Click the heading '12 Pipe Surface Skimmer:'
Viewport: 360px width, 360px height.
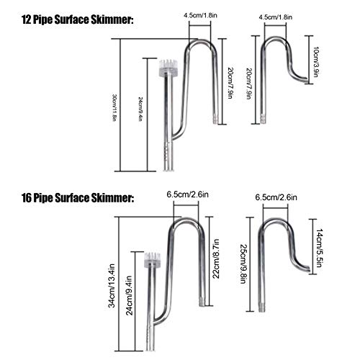click(77, 19)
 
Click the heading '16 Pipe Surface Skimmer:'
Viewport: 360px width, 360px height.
click(78, 198)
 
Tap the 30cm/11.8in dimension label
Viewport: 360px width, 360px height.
click(114, 107)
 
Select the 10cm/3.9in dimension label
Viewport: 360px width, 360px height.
click(316, 62)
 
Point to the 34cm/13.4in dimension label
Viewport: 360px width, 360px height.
click(112, 286)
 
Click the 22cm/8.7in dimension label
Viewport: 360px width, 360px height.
click(216, 258)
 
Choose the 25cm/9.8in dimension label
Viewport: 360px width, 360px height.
click(244, 264)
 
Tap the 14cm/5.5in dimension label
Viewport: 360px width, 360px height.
click(319, 248)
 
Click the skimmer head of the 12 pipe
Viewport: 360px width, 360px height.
click(168, 68)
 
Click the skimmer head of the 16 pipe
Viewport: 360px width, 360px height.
click(152, 260)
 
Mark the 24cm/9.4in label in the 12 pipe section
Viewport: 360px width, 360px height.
click(141, 109)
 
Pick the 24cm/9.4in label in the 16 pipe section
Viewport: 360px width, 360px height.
click(129, 295)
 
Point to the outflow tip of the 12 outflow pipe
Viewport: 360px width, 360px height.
click(307, 81)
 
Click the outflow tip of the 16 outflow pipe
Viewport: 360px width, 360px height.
click(309, 269)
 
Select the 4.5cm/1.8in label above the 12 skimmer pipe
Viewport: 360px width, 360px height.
click(200, 16)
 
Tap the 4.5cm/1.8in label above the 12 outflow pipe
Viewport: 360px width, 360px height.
click(276, 17)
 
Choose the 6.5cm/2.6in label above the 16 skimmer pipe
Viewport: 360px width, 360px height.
click(188, 194)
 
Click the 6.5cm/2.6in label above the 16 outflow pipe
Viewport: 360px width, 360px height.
click(276, 197)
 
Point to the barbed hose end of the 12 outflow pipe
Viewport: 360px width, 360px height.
click(264, 120)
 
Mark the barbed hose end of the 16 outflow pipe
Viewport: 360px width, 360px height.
click(261, 307)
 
